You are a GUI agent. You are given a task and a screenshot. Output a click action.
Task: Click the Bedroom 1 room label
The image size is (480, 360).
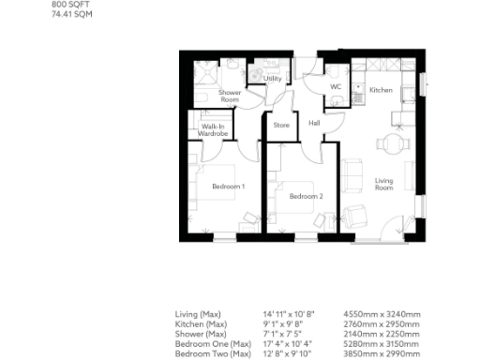point(228,187)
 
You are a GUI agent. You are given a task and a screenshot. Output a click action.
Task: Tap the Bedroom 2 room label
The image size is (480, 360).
point(306,196)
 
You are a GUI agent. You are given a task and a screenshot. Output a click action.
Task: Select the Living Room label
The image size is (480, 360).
point(383,184)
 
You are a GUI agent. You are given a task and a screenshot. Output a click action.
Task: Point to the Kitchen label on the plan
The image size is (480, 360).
point(381,90)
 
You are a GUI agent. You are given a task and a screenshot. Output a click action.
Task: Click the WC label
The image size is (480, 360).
point(335,88)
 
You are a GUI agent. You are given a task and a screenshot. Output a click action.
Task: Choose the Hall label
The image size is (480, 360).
point(314,123)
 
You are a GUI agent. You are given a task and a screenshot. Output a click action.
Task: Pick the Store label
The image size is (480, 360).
point(281,124)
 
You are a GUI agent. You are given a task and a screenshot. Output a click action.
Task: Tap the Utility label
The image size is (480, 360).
point(273,79)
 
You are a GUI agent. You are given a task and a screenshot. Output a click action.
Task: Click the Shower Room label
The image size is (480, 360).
point(230,96)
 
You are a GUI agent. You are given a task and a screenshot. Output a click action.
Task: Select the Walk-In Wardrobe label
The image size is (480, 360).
point(212,129)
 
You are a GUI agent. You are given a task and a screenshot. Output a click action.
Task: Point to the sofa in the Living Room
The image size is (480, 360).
point(354,174)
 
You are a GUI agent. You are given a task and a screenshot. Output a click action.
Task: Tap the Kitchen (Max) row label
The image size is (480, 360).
point(201,323)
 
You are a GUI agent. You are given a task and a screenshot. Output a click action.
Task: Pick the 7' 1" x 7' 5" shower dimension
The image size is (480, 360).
point(285,334)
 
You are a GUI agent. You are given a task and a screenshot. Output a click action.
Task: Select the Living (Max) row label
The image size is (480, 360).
point(199,313)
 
